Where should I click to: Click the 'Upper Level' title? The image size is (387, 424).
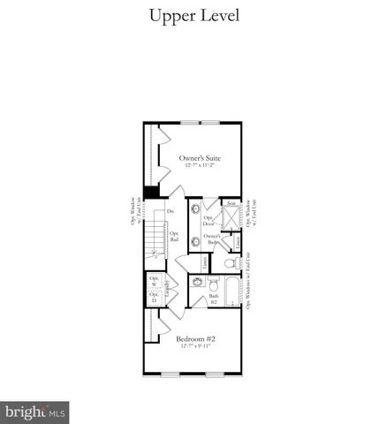(x=194, y=16)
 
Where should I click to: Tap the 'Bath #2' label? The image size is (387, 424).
(x=213, y=298)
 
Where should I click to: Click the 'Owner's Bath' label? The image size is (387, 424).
(x=212, y=238)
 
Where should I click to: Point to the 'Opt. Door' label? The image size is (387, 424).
(x=209, y=221)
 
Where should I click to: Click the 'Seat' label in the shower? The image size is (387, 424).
(x=231, y=203)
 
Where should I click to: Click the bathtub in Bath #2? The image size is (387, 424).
(x=231, y=293)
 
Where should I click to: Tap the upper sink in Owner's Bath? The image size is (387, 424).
(x=193, y=217)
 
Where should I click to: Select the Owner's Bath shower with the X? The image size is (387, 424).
(x=231, y=217)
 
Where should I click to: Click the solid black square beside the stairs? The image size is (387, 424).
(x=151, y=192)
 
